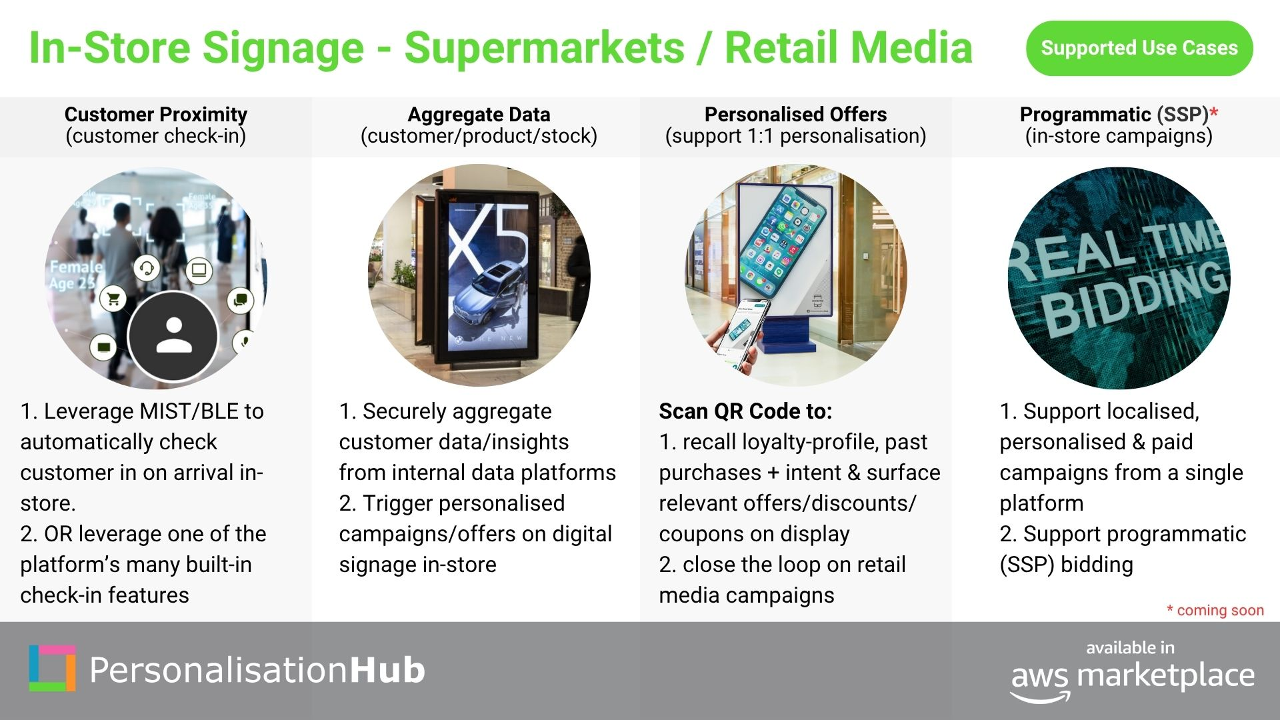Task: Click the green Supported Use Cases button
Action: pyautogui.click(x=1139, y=48)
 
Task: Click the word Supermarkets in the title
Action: pyautogui.click(x=545, y=48)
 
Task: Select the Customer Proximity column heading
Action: pyautogui.click(x=156, y=115)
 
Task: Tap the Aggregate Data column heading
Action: pyautogui.click(x=479, y=115)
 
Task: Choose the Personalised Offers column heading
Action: pyautogui.click(x=795, y=115)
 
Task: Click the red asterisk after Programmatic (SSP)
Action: pyautogui.click(x=1214, y=112)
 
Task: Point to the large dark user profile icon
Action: pyautogui.click(x=173, y=335)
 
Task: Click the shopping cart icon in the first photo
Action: pyautogui.click(x=113, y=298)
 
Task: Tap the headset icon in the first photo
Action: pyautogui.click(x=147, y=269)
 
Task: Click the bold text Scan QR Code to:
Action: pyautogui.click(x=745, y=411)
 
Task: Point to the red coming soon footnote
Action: pyautogui.click(x=1215, y=610)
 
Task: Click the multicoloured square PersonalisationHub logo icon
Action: pyautogui.click(x=52, y=668)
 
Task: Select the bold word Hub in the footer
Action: pyautogui.click(x=387, y=670)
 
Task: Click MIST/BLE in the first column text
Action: pyautogui.click(x=186, y=411)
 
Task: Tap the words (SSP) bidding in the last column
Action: pyautogui.click(x=1066, y=565)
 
